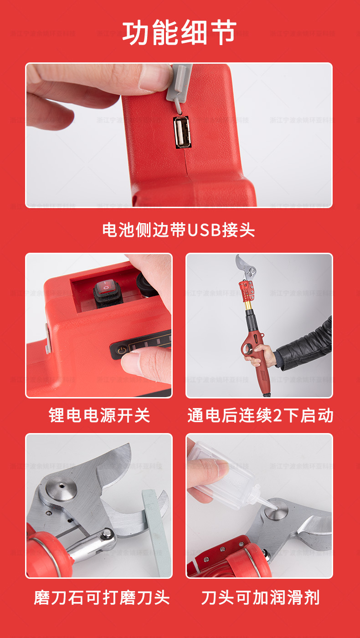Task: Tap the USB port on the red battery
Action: (181, 132)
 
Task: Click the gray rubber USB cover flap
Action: (177, 84)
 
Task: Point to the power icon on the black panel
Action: (121, 351)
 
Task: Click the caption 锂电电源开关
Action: (99, 415)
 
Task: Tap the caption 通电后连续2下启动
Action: (260, 415)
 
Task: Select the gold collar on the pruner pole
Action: (248, 310)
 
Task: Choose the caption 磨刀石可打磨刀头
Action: (101, 597)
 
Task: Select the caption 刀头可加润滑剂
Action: (260, 597)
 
